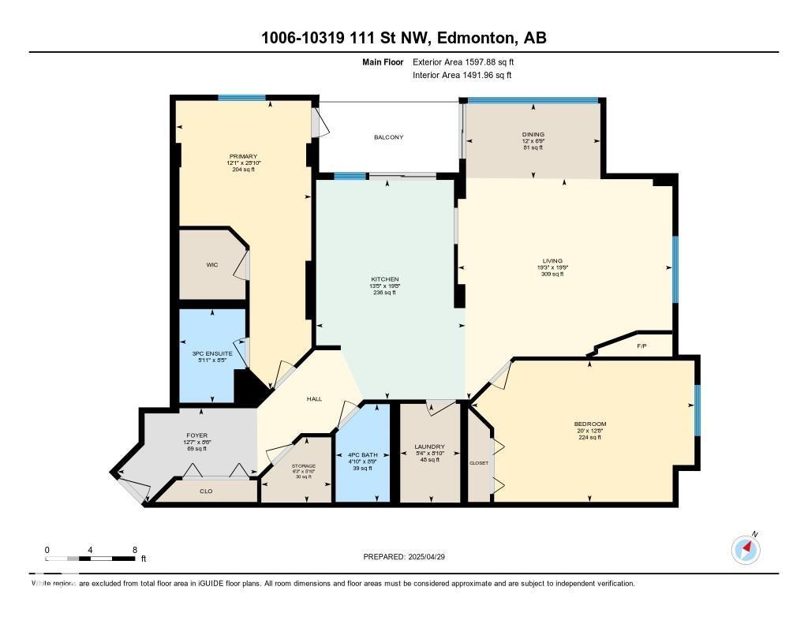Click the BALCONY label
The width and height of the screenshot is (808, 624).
[x=388, y=137]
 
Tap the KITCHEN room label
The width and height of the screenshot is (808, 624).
[x=385, y=279]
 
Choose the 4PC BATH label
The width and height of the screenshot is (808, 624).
[x=363, y=455]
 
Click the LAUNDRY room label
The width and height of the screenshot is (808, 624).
[x=429, y=447]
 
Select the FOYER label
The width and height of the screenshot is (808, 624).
[x=196, y=435]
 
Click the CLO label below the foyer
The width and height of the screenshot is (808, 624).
[x=205, y=491]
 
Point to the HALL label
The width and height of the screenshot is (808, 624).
[x=314, y=399]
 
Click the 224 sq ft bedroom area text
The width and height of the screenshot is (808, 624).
[x=589, y=437]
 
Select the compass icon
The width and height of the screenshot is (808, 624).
[x=746, y=549]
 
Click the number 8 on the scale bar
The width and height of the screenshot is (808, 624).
[x=135, y=550]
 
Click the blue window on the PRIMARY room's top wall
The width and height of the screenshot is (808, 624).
[x=241, y=98]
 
